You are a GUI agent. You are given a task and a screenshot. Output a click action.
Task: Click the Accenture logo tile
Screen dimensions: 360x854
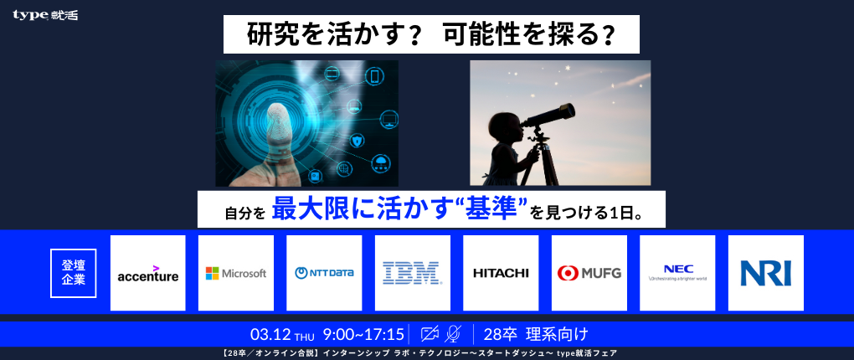pos(148,273)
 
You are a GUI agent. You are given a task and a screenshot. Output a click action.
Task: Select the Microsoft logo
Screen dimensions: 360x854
pos(236,273)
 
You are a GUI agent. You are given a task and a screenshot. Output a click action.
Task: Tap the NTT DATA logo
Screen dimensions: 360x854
pos(324,273)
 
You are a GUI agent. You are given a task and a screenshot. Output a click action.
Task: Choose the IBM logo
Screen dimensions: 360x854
pos(412,273)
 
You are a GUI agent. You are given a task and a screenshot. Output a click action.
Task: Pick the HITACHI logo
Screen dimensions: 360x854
pos(501,273)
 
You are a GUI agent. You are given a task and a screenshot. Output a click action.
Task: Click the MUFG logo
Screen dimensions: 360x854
pos(589,273)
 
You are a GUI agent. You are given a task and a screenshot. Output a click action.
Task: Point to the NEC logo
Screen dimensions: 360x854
pos(677,273)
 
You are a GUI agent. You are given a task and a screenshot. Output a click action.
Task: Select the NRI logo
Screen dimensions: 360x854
pos(765,273)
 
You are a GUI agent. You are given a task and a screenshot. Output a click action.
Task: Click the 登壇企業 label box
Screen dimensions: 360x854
pos(74,273)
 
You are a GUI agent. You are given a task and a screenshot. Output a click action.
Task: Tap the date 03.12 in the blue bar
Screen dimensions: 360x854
pos(270,334)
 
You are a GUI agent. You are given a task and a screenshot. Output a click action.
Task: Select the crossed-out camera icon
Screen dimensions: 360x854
pos(430,334)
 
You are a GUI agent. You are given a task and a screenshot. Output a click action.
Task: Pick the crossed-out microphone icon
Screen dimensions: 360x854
pos(453,334)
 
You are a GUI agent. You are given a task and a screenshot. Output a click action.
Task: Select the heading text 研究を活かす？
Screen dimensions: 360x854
pos(322,34)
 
